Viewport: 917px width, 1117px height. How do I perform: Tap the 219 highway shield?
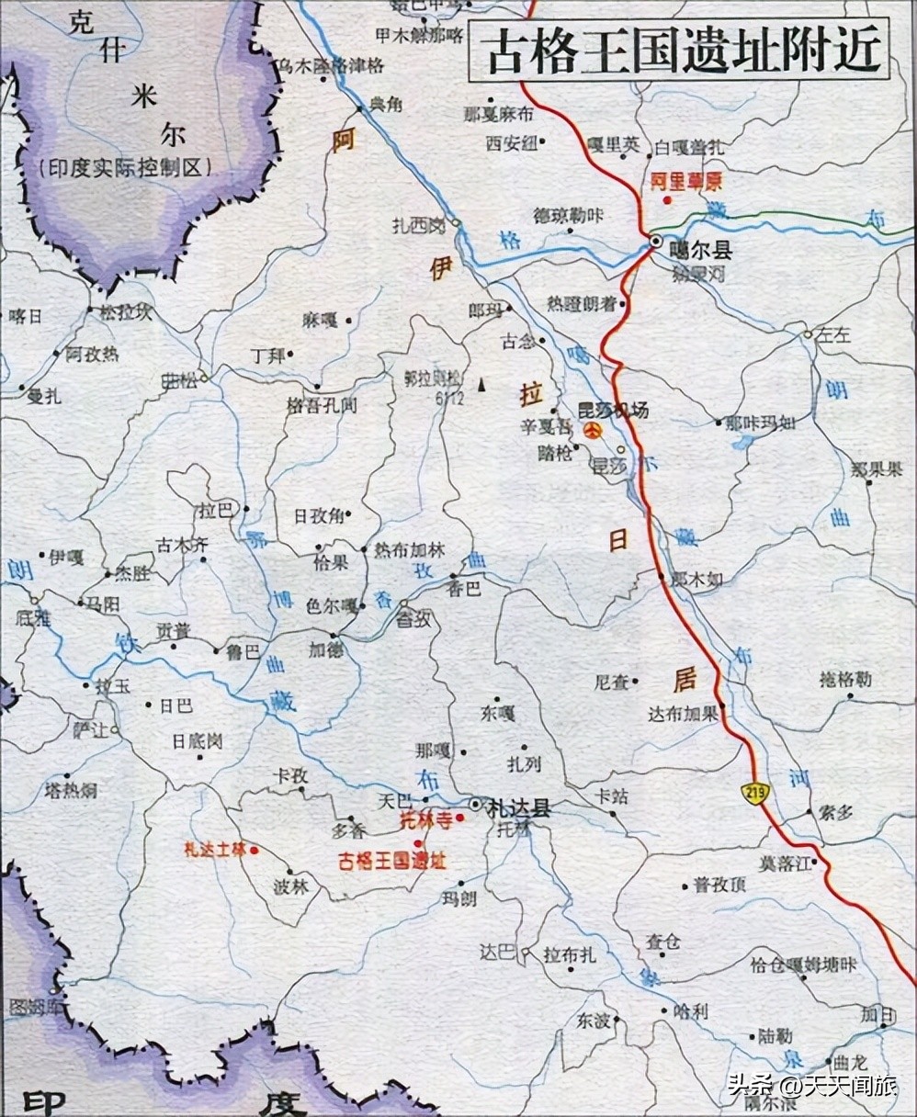coord(758,793)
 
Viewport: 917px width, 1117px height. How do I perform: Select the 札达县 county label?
coord(519,808)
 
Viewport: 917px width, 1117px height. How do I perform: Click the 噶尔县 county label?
coord(700,251)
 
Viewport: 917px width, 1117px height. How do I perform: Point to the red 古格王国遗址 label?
coord(392,861)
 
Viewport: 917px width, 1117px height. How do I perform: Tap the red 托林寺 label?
coord(427,820)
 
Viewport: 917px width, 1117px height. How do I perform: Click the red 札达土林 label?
coord(216,850)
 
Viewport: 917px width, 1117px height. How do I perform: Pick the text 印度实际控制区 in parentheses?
coord(126,168)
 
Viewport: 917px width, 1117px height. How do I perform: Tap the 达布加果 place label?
coord(682,714)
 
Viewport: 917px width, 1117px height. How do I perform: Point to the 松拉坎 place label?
coord(125,312)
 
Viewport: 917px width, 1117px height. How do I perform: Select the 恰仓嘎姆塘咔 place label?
coord(803,965)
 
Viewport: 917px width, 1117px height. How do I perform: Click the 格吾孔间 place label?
coord(322,405)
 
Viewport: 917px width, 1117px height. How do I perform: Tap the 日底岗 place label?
coord(198,740)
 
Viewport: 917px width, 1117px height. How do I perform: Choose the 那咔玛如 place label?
coord(760,423)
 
